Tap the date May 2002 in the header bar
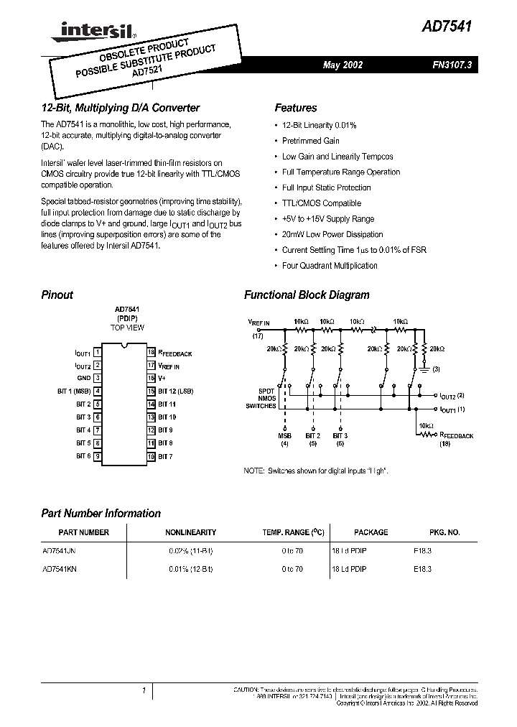coord(343,65)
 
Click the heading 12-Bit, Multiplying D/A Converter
coord(120,108)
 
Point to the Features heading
coord(295,108)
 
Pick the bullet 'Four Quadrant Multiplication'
coord(330,266)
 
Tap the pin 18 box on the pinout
coord(152,353)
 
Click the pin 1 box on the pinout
coord(97,353)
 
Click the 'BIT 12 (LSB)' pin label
coord(176,392)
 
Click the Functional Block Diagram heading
coord(307,295)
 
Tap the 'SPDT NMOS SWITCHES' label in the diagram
coord(266,399)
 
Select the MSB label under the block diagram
coord(285,435)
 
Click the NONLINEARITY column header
coord(190,532)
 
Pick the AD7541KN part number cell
coord(61,568)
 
